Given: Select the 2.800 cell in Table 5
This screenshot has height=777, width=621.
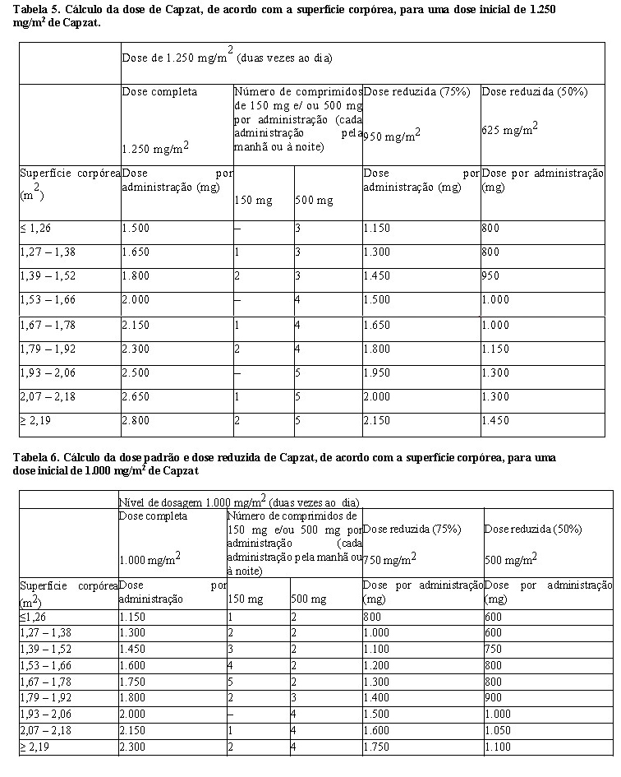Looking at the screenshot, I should pos(136,420).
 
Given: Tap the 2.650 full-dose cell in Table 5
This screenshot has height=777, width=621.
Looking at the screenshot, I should pos(136,396).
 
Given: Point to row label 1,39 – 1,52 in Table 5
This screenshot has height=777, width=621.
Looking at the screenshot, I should pos(47,276).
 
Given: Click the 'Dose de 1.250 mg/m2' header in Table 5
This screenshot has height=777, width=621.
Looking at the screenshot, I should pos(177,57).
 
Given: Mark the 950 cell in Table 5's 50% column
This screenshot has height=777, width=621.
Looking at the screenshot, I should pos(492,276).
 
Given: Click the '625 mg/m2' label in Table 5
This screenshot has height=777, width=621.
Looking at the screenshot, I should pos(509,127).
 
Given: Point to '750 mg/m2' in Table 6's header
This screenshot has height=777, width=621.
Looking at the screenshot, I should pos(389,558).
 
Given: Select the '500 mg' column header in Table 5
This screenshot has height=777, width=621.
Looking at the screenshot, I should pos(314,200).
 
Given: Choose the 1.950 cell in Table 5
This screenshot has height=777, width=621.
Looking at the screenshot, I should pos(379,372).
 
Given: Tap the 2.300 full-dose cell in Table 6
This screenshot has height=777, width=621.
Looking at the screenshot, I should pos(133,747).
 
